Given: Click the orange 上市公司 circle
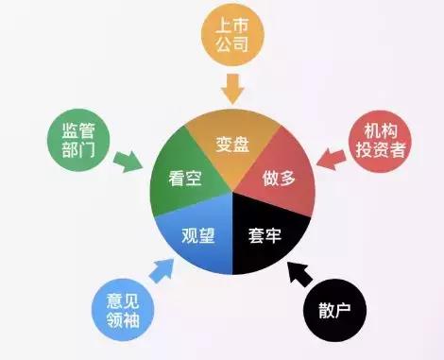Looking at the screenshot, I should (x=231, y=37).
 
